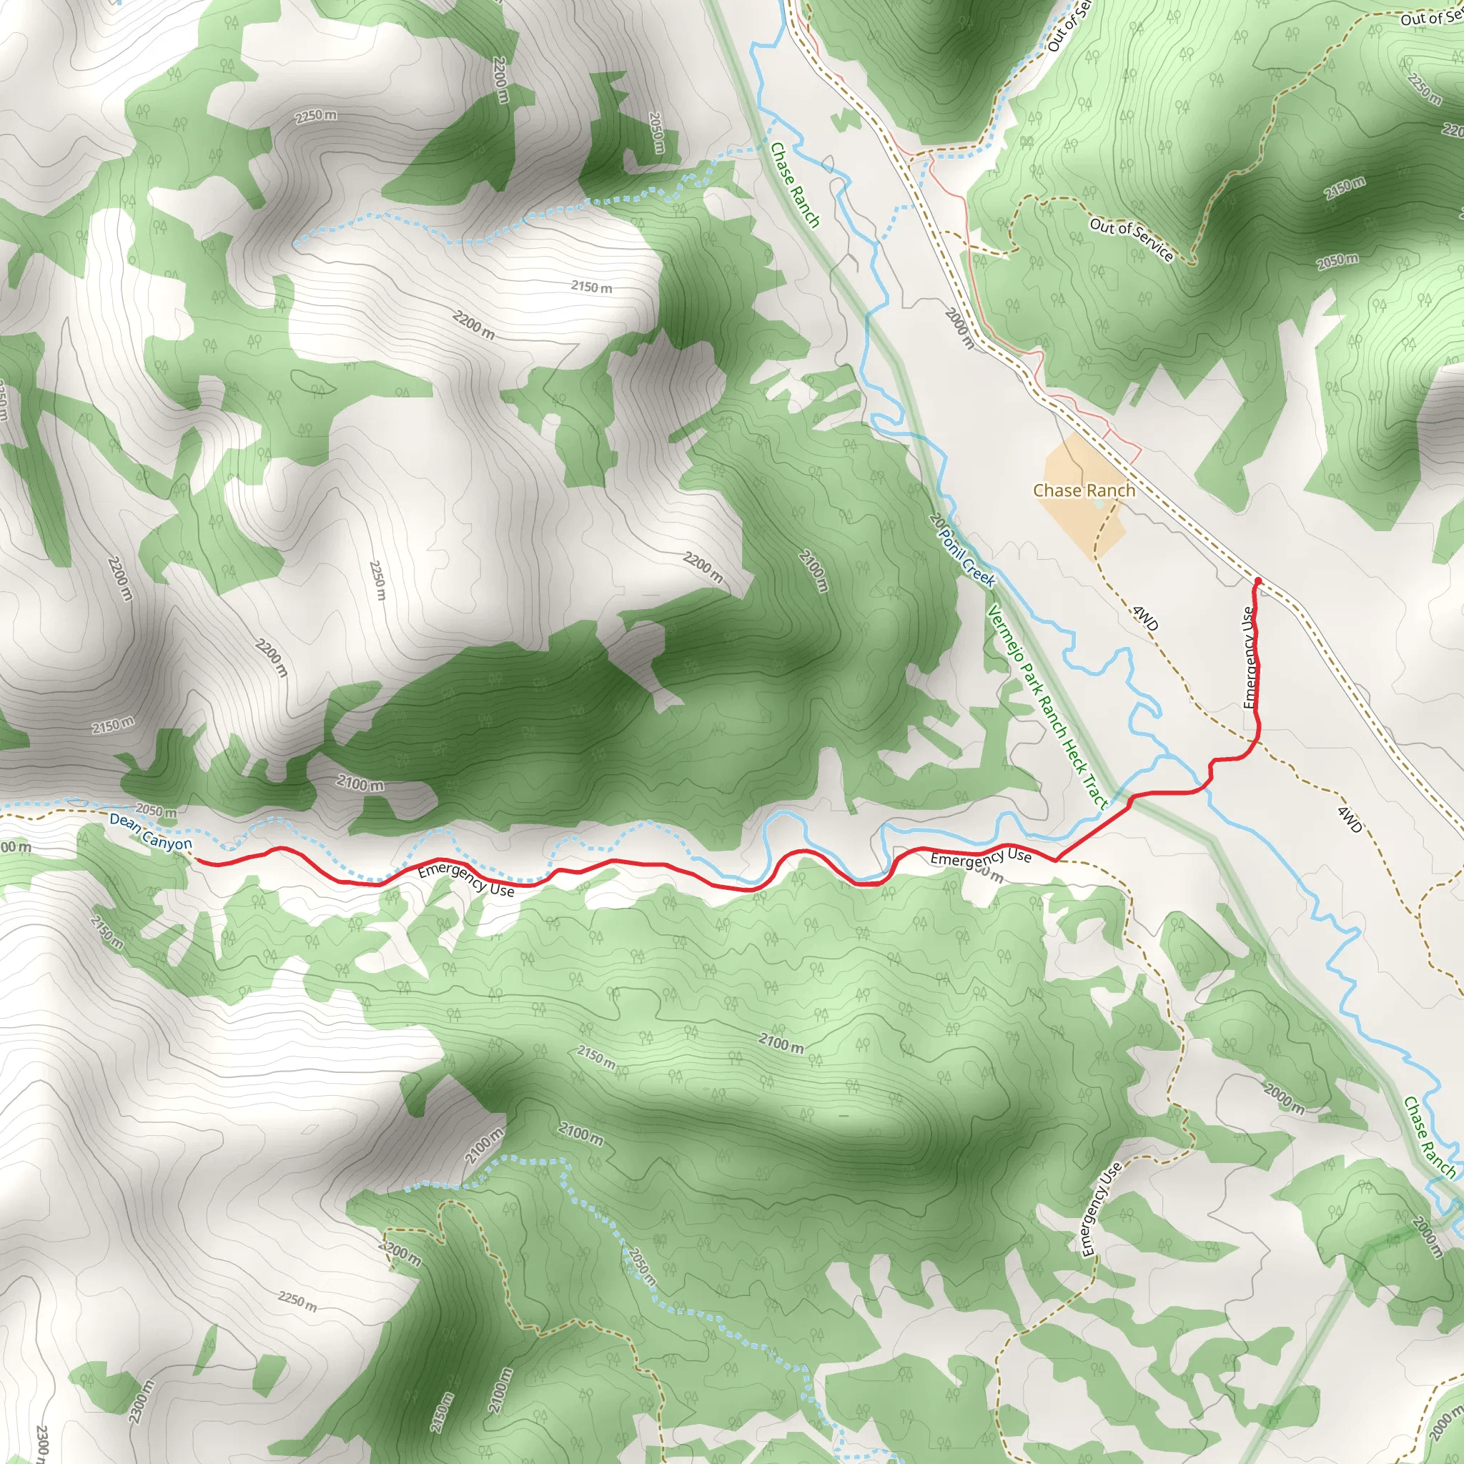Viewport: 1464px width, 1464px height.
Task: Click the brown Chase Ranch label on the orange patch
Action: click(x=1084, y=490)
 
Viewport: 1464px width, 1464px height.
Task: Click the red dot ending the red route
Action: click(x=1258, y=581)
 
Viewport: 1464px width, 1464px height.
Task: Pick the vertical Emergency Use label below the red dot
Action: click(x=1249, y=658)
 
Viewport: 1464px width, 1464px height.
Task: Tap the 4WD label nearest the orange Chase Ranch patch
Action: click(x=1146, y=618)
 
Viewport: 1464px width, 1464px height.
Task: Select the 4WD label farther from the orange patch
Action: click(x=1349, y=819)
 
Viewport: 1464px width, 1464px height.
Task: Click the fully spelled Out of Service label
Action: click(x=1132, y=239)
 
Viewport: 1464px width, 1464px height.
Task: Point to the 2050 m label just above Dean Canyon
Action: click(x=156, y=811)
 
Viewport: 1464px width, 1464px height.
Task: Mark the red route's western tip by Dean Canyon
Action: click(x=198, y=861)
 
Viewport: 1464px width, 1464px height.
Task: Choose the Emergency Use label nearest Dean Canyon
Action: click(x=466, y=879)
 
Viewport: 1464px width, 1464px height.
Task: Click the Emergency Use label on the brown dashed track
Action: click(x=1101, y=1209)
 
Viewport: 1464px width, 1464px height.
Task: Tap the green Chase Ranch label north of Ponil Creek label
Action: click(x=794, y=185)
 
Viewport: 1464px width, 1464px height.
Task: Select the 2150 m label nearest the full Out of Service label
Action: click(x=1345, y=187)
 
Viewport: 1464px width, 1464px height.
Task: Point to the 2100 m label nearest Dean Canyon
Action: click(x=360, y=783)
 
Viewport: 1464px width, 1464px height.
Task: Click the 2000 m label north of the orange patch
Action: click(x=960, y=327)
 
